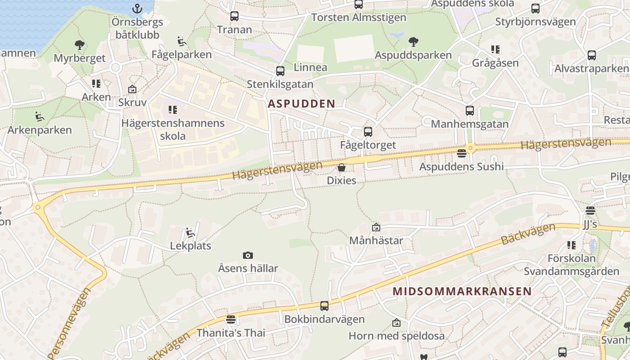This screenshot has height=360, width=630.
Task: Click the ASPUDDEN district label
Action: pos(301,103)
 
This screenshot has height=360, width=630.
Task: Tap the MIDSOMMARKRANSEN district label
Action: pos(462,291)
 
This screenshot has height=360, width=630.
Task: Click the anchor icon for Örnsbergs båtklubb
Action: pos(137,9)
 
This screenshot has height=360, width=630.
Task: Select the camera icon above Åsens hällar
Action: pos(247,256)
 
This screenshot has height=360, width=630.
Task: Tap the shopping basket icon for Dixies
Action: pos(342,168)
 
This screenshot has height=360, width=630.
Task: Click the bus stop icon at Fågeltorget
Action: pos(368,132)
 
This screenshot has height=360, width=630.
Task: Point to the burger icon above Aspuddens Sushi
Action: pos(461,153)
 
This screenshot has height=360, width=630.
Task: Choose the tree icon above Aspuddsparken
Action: pos(413,42)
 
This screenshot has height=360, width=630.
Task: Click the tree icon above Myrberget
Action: pos(79,45)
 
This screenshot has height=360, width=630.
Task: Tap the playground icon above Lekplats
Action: pos(190,233)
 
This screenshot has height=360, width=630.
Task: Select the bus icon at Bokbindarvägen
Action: pos(324,306)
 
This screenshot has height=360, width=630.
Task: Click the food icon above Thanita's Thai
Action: pos(231,320)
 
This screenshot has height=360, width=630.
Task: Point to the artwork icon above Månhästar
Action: pos(376,228)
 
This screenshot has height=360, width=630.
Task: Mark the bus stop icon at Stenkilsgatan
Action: pos(280,71)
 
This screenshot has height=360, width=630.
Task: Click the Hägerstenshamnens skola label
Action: pos(173,129)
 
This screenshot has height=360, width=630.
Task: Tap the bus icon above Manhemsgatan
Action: pos(470,111)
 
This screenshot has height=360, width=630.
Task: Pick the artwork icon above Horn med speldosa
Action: pos(396,323)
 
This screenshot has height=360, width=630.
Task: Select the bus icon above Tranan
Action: pos(234,17)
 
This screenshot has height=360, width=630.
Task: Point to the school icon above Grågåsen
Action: pos(495,49)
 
